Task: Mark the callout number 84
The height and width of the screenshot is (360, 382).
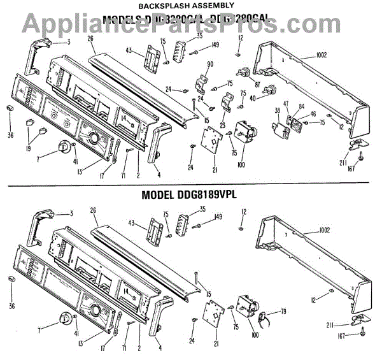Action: click(x=301, y=106)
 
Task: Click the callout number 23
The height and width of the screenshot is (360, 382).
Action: click(x=223, y=125)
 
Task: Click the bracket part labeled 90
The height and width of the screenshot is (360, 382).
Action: click(x=202, y=80)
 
